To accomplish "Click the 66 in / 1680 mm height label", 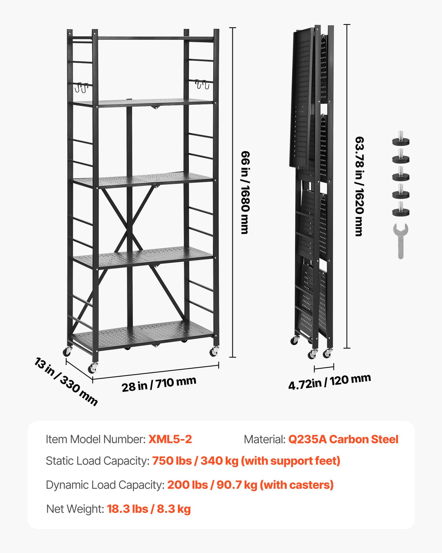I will [x=245, y=192].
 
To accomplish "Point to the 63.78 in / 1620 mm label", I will [x=359, y=186].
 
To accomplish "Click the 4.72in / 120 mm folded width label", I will [x=329, y=381].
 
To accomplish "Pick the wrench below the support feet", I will [x=400, y=241].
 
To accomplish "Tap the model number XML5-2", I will [x=170, y=439].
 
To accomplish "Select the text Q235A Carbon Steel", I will [x=343, y=439].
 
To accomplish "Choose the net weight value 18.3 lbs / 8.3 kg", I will [x=149, y=509].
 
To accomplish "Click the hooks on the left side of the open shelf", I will [x=81, y=87].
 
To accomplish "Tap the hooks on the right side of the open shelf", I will [x=202, y=85].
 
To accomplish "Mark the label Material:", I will [x=264, y=439].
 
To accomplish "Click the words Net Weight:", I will [x=75, y=509].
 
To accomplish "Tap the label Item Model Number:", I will [x=95, y=439].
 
